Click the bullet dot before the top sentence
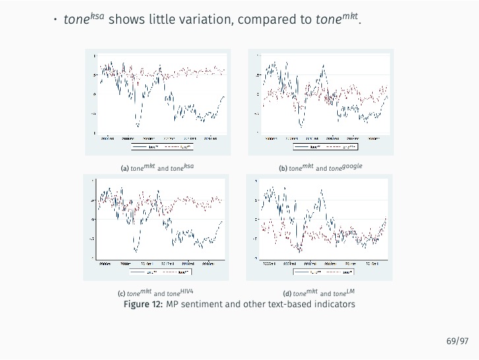pyautogui.click(x=56, y=20)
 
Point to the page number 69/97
pyautogui.click(x=457, y=341)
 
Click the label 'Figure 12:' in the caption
pyautogui.click(x=143, y=304)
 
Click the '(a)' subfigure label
pyautogui.click(x=124, y=168)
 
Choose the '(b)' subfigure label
pyautogui.click(x=283, y=168)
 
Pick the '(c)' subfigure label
pyautogui.click(x=121, y=293)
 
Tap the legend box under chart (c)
pyautogui.click(x=160, y=271)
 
